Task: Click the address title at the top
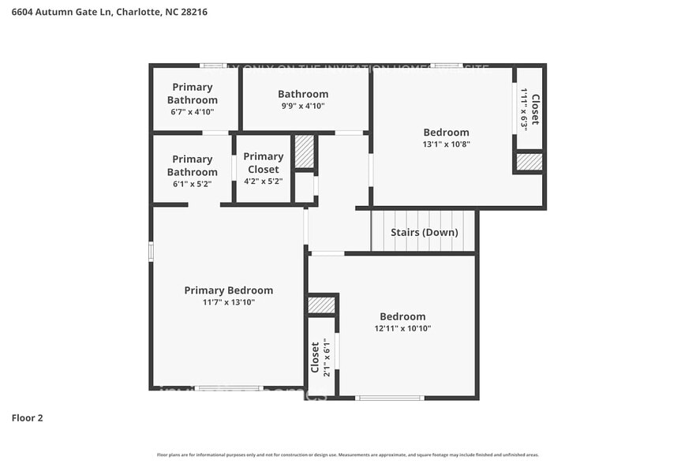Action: (x=110, y=12)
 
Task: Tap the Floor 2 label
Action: (x=27, y=417)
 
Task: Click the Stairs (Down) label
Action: (x=424, y=232)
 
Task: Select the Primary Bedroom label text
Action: (x=228, y=290)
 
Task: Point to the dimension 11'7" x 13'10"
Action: (x=228, y=302)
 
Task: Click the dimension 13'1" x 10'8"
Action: (x=446, y=144)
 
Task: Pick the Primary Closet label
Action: (x=264, y=163)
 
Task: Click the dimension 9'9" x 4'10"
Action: (x=302, y=106)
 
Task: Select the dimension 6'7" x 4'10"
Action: (x=192, y=112)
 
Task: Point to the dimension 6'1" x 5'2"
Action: (x=192, y=183)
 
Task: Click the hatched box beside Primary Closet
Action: (x=304, y=151)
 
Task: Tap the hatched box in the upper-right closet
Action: (x=529, y=162)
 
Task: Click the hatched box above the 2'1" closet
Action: (x=321, y=305)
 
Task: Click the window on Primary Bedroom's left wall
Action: (x=151, y=251)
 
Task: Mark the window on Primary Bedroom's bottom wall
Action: (x=228, y=388)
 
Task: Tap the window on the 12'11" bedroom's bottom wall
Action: (x=391, y=398)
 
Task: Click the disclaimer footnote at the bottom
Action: (x=348, y=455)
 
